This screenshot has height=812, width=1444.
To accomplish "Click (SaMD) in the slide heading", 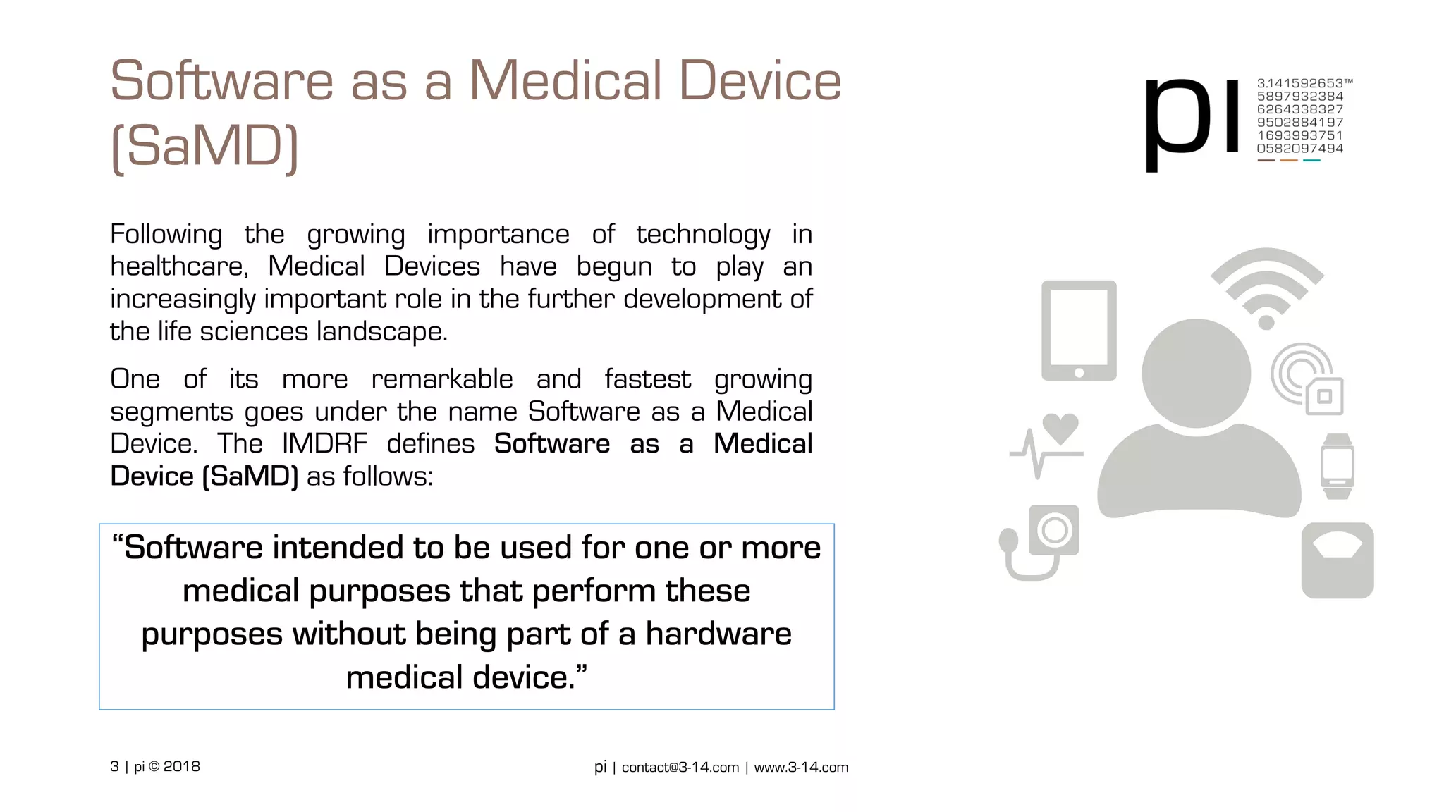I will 204,147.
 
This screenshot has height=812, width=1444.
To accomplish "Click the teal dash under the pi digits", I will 1311,161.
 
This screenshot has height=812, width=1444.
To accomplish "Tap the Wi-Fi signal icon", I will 1266,289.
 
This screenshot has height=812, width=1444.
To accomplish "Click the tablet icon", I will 1079,330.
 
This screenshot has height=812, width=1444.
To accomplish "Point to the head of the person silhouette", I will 1197,372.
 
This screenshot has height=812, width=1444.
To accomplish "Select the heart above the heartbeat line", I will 1060,427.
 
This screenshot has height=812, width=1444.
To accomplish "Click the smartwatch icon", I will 1337,466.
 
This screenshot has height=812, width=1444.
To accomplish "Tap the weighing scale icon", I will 1337,560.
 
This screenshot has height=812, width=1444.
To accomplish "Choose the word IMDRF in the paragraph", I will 324,444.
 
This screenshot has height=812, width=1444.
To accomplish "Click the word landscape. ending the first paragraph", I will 381,331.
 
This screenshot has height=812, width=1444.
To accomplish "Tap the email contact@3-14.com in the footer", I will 680,767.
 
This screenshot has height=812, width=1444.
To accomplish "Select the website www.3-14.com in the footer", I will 801,767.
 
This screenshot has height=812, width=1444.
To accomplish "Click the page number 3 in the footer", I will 114,766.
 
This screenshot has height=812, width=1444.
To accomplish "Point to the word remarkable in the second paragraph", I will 442,379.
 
